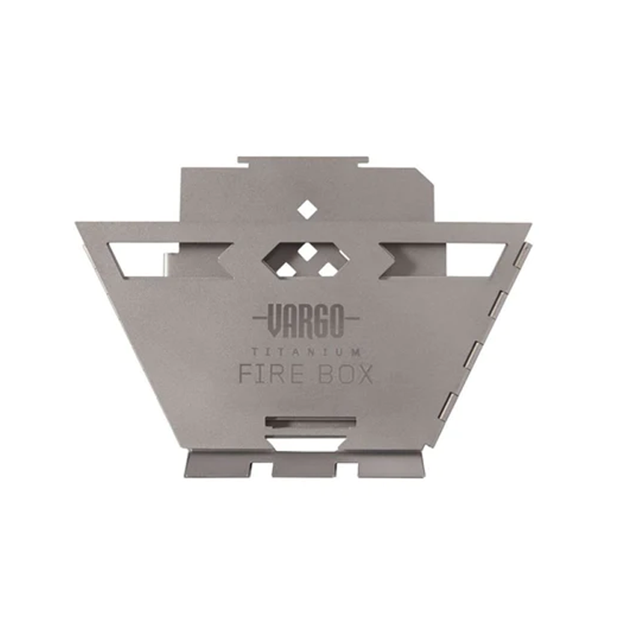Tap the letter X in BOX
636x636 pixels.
[363, 374]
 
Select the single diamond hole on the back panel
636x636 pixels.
[305, 207]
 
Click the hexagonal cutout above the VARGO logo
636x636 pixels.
[306, 259]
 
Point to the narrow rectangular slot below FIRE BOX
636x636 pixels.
[306, 421]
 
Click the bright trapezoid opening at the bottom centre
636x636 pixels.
[306, 444]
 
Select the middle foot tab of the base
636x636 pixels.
[304, 466]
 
